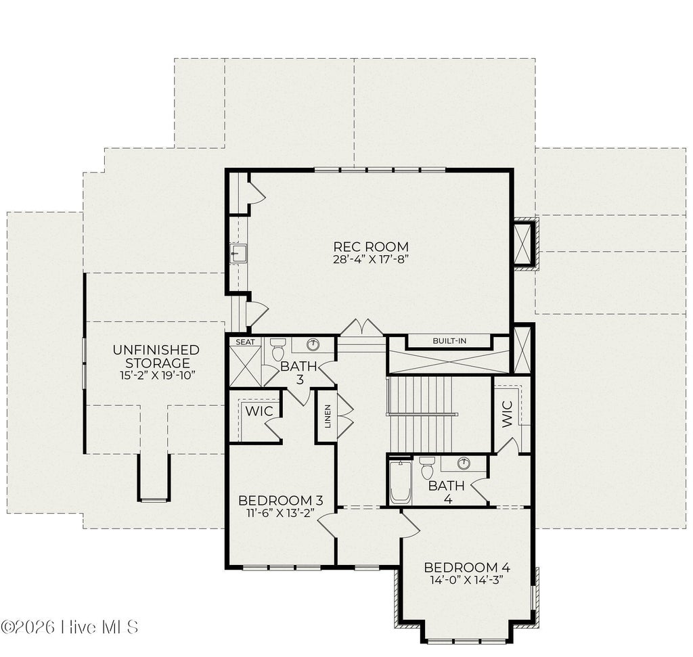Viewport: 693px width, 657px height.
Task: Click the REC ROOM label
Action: pos(371,246)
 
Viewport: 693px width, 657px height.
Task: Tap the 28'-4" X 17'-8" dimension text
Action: pos(370,259)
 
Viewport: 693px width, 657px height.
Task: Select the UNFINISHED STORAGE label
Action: pos(156,357)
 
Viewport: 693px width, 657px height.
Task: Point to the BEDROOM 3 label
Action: pos(281,501)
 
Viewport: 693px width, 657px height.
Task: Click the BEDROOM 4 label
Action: pos(467,567)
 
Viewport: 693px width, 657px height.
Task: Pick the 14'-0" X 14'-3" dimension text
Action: pos(467,580)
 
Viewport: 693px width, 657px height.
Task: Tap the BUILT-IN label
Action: pos(449,340)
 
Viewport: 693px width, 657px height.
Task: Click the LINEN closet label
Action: pos(328,416)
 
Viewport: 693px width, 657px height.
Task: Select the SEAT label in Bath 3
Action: pos(245,342)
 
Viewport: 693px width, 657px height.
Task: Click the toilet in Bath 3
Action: pos(278,349)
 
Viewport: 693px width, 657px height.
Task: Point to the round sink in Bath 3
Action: pos(313,344)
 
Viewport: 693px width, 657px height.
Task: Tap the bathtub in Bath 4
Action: pos(401,482)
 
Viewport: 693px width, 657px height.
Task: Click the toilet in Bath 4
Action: pos(427,468)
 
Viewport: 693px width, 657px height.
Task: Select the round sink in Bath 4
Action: pos(464,463)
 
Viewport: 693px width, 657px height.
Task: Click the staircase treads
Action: pos(439,415)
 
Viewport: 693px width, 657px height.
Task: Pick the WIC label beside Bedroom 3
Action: pos(259,411)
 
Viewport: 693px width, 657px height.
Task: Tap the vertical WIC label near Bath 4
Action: pos(507,414)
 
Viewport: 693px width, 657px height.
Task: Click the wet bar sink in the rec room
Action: pos(238,253)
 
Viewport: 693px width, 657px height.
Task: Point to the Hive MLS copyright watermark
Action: pos(70,627)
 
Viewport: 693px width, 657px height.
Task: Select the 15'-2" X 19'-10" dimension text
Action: pos(157,376)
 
